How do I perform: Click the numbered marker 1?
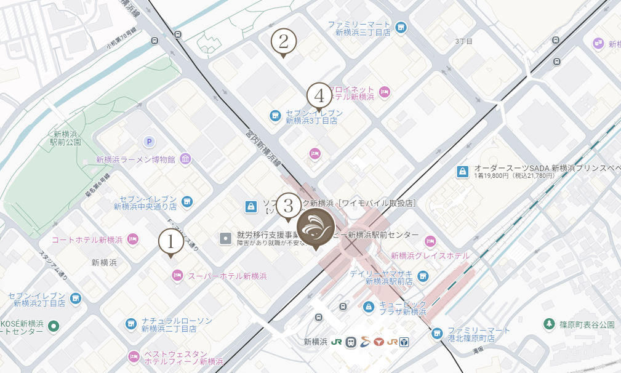(171, 241)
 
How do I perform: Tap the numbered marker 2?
(283, 42)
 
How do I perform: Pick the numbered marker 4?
(319, 95)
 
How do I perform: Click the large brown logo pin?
(316, 227)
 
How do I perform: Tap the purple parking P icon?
(148, 142)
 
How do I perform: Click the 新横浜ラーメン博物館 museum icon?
(185, 159)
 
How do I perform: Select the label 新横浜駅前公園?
(66, 138)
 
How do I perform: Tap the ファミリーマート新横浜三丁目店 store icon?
(401, 28)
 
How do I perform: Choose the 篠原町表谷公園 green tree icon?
(549, 324)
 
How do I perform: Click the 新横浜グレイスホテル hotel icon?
(430, 241)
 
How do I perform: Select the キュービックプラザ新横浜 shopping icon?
(368, 307)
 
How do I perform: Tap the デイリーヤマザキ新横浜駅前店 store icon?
(422, 276)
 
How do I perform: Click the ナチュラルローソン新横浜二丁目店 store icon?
(131, 324)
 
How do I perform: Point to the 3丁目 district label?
(463, 41)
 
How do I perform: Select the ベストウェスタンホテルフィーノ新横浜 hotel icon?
(134, 356)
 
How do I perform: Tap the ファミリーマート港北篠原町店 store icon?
(436, 334)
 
